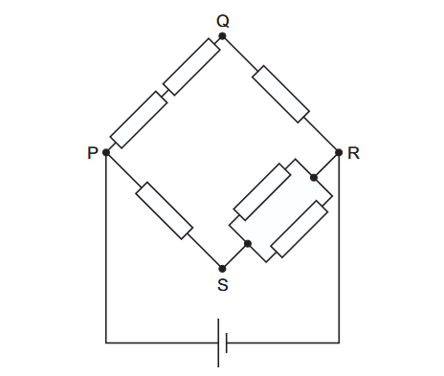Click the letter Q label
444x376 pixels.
click(x=223, y=21)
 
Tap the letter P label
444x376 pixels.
click(x=92, y=153)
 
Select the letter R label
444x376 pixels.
click(x=353, y=153)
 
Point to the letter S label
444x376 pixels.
click(x=223, y=285)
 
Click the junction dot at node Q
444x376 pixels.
click(x=223, y=36)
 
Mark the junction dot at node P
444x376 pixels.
click(x=106, y=152)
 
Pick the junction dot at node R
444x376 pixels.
click(x=339, y=152)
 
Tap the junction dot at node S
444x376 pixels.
click(x=223, y=269)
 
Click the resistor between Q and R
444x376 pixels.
click(x=280, y=94)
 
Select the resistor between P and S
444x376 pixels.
click(x=165, y=210)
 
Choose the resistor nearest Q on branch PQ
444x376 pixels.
click(x=191, y=67)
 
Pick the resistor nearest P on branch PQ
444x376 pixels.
click(x=139, y=120)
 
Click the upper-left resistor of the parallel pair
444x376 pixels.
click(x=262, y=192)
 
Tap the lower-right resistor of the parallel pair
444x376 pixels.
click(x=300, y=229)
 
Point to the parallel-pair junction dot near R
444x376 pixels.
click(x=314, y=178)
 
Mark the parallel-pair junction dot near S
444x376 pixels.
click(x=248, y=244)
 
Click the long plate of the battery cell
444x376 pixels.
click(x=218, y=343)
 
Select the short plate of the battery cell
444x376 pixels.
click(x=227, y=343)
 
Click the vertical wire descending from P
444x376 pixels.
click(x=106, y=248)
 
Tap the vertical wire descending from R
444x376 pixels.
click(x=339, y=248)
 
